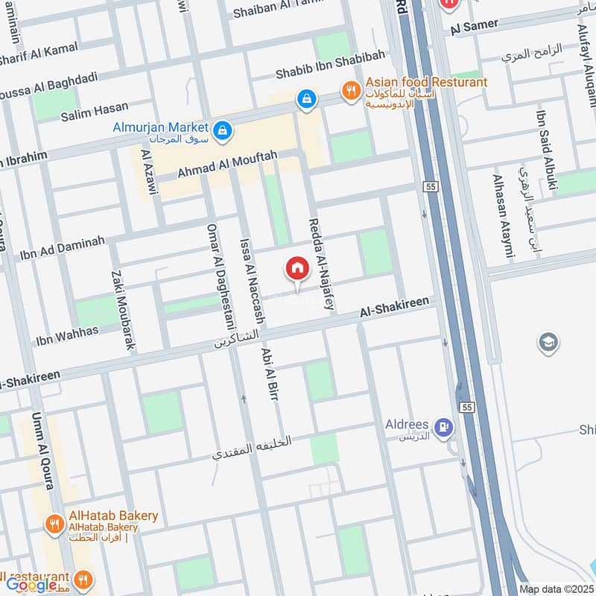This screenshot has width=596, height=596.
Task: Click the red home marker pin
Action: [x=297, y=270]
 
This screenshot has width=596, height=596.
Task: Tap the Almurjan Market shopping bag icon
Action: [x=221, y=131]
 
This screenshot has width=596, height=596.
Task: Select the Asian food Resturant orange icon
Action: [x=349, y=91]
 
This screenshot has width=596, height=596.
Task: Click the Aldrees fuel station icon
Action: [x=445, y=427]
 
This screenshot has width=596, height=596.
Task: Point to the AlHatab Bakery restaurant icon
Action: [x=54, y=524]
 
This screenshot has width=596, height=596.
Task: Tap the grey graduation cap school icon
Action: [x=548, y=342]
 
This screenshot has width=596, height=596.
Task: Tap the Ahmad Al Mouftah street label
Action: [x=226, y=163]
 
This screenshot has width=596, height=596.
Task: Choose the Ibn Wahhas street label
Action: [x=67, y=335]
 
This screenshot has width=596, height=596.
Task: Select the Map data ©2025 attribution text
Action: [x=555, y=589]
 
